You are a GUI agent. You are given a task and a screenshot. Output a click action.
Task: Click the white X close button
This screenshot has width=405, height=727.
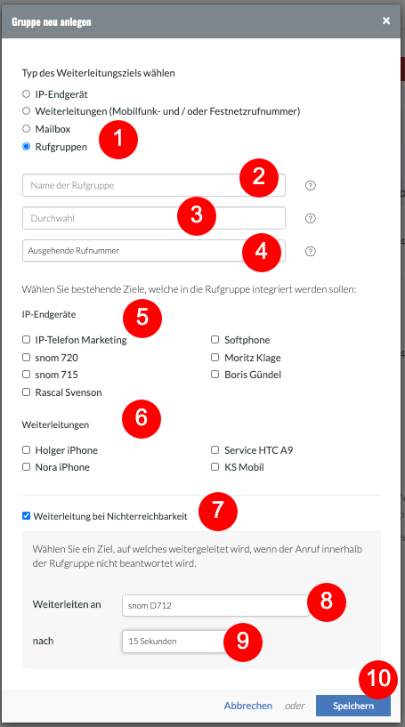(386, 20)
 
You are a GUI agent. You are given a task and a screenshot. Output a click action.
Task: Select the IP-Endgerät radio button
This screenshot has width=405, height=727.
(27, 94)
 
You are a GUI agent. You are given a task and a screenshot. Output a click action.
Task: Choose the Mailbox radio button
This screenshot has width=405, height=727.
(27, 129)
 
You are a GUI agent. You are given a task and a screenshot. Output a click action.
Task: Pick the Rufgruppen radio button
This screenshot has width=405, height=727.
(27, 147)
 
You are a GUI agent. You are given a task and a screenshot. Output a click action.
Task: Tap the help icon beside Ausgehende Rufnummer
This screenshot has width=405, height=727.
(311, 251)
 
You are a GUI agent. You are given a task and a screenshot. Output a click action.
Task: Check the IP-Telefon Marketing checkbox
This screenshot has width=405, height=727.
(27, 340)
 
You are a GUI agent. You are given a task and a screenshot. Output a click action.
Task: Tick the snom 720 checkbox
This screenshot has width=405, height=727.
(27, 358)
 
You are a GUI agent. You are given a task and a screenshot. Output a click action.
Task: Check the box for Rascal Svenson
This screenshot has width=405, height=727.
(27, 392)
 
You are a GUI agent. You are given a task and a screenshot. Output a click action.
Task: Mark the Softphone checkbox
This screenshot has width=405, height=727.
(215, 340)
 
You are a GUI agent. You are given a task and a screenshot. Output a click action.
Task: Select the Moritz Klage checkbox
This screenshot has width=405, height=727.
(215, 358)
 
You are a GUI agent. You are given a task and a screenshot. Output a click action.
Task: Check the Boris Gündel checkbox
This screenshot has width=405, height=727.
(215, 374)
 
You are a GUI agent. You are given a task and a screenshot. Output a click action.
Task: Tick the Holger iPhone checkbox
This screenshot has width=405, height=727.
(27, 449)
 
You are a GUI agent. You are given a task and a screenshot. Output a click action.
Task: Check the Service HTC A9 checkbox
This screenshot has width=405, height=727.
(215, 449)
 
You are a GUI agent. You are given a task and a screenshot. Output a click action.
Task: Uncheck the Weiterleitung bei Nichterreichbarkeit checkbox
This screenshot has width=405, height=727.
(27, 515)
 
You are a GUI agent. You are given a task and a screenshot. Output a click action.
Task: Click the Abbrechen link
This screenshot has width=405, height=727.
(248, 706)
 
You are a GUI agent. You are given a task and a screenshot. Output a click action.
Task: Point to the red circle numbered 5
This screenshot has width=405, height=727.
(142, 318)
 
